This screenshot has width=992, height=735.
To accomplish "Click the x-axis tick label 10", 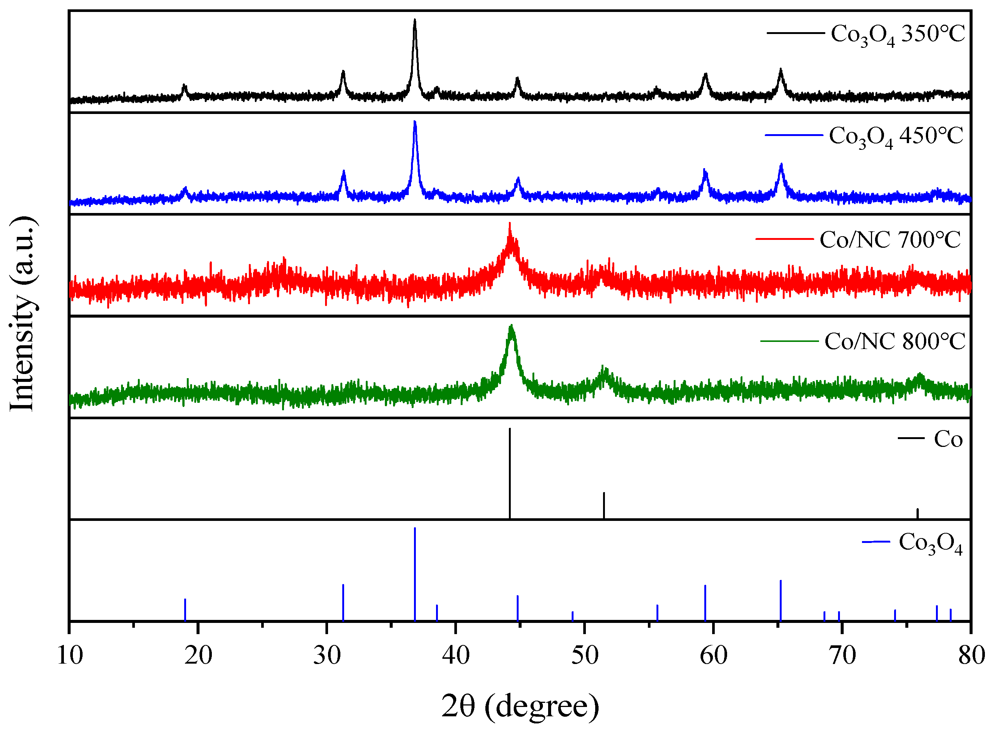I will click(70, 655).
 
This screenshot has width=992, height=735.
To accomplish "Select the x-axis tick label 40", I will click(456, 655).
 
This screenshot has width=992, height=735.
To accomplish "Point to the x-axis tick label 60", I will click(714, 655).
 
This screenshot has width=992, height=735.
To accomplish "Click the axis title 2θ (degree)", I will click(520, 707).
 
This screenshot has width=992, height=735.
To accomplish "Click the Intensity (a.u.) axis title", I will click(22, 314).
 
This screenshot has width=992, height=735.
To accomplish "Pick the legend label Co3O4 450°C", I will click(896, 137).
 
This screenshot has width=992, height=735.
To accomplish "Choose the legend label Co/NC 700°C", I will click(890, 240).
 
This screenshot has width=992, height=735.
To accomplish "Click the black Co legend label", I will click(948, 439).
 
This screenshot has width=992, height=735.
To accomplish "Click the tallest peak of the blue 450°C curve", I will click(415, 122).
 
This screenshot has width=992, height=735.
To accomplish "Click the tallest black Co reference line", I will click(510, 472).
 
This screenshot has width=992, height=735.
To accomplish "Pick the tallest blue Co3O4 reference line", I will click(415, 574).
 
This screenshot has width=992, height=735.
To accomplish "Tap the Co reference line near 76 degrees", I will click(917, 513).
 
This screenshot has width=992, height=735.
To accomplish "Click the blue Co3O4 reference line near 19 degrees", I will click(185, 609).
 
